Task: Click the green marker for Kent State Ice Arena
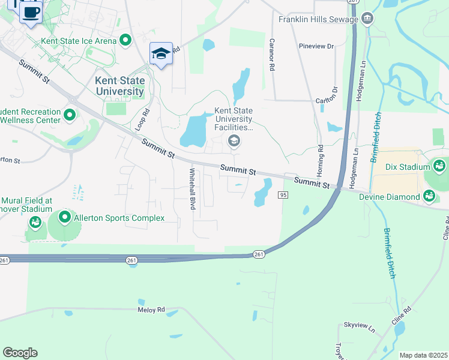click(x=125, y=40)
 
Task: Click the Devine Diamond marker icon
click(x=429, y=196)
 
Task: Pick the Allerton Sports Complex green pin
click(x=64, y=217)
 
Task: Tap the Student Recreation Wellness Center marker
click(x=70, y=114)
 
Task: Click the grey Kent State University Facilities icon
click(x=234, y=141)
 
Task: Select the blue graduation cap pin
click(x=161, y=53)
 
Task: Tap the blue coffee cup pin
click(x=31, y=11)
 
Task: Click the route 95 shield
click(x=283, y=195)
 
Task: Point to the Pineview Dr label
click(x=316, y=46)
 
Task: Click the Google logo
click(x=20, y=353)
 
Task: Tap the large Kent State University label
click(x=119, y=86)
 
